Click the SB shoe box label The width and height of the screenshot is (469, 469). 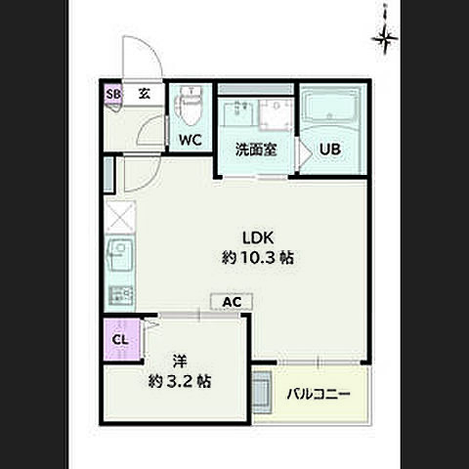coord(113,95)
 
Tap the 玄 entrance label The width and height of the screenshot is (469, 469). coord(144,94)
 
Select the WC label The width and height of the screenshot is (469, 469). coord(191,140)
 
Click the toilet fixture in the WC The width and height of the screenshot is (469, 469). coord(189,106)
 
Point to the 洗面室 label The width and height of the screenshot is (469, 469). coord(256,149)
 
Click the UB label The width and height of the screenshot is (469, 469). coord(330,149)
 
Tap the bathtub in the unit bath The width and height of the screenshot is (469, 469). coord(329,107)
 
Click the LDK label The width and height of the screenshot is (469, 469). coord(258,238)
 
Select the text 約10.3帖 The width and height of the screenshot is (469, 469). coord(258,258)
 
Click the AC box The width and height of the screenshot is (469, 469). coord(232,302)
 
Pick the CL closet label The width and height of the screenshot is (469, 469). coord(120,340)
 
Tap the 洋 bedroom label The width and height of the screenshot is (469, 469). coord(180,361)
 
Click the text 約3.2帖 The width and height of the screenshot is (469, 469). coord(180,381)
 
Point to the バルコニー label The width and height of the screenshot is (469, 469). coord(319,395)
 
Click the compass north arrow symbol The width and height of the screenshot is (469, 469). coord(385,36)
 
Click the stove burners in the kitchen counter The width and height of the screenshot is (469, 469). coord(120,295)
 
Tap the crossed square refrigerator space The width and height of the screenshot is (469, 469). coord(119,217)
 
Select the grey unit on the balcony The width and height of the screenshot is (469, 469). coord(262,392)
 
